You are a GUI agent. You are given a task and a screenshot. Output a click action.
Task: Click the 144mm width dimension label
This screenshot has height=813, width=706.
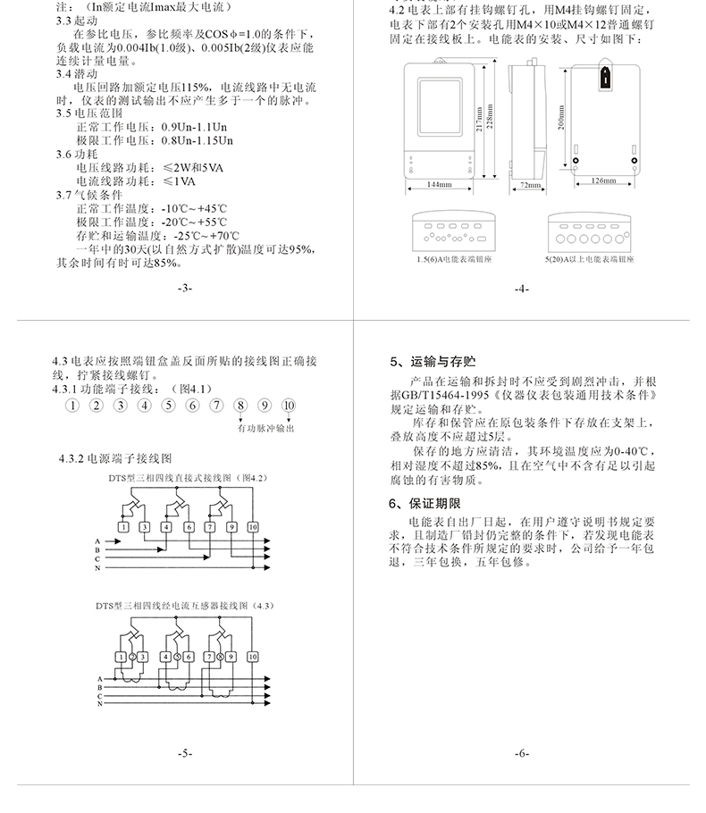439,185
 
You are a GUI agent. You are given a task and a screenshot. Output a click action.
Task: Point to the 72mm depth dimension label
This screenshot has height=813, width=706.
522,185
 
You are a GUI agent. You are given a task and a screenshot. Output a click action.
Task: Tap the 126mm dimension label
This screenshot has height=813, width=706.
604,180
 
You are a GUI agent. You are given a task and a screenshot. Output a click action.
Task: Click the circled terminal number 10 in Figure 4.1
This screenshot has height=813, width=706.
288,406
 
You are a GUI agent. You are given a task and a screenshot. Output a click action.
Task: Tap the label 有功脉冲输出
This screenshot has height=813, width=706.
265,429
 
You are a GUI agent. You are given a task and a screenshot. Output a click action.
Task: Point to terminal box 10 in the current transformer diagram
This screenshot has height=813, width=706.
254,656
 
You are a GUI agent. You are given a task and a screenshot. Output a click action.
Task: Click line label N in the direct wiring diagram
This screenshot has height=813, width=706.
97,568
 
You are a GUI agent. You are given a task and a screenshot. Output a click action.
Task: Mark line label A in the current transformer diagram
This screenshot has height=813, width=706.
97,680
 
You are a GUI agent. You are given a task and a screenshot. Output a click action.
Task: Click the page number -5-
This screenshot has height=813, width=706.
184,753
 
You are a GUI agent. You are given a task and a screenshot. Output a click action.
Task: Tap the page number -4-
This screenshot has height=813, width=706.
522,289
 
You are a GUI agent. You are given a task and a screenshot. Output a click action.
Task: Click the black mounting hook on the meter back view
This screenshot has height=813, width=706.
605,75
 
